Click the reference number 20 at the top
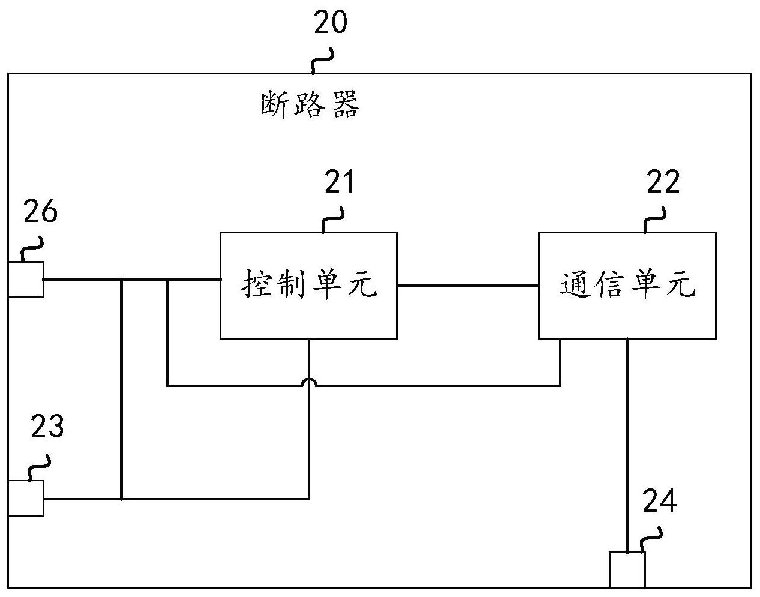[x=331, y=22]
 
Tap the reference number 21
[x=339, y=182]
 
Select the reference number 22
[x=663, y=182]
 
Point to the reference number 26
[x=41, y=211]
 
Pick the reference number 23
[x=47, y=426]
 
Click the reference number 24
[x=660, y=501]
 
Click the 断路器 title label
[x=310, y=104]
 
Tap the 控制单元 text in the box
[x=309, y=284]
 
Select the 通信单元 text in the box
[x=628, y=284]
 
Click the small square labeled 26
[x=26, y=280]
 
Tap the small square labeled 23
[x=26, y=499]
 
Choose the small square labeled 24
[x=627, y=570]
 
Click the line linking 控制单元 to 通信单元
[x=468, y=286]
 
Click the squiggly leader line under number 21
[x=332, y=220]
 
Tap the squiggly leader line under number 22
[x=654, y=220]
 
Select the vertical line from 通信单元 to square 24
[x=627, y=446]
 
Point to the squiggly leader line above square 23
[x=40, y=468]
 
